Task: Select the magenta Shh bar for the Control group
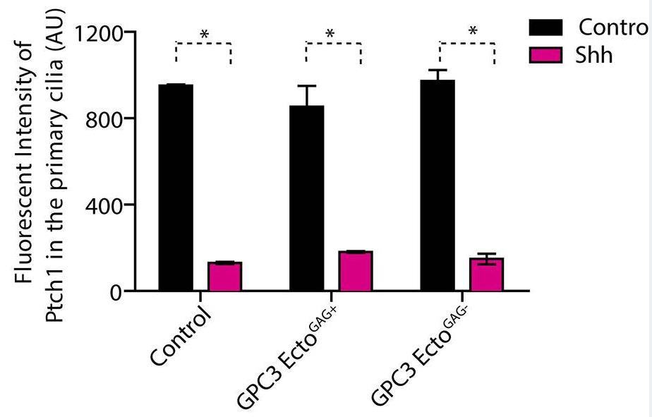point(224,277)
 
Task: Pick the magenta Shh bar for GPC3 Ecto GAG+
point(356,271)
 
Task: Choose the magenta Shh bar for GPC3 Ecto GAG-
point(487,274)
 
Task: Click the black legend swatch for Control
point(546,28)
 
